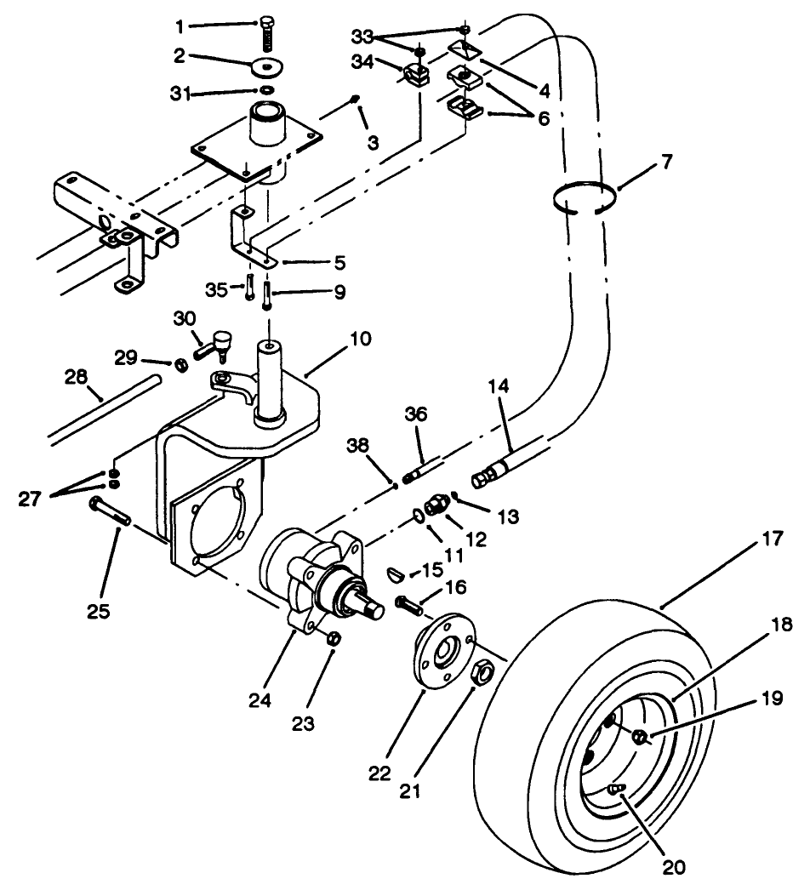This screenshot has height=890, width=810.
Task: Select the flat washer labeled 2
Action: pyautogui.click(x=267, y=66)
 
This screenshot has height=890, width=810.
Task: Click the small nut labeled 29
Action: pyautogui.click(x=180, y=365)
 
